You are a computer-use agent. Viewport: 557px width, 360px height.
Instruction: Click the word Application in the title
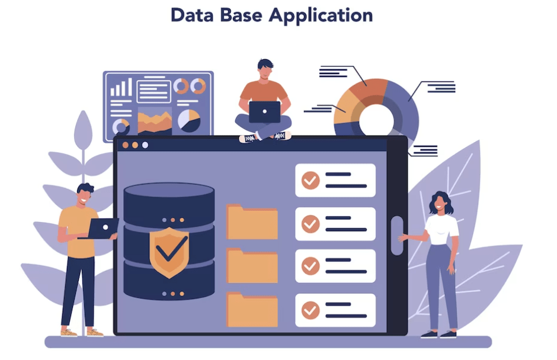click(321, 15)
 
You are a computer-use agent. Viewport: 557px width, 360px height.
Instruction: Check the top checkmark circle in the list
click(310, 180)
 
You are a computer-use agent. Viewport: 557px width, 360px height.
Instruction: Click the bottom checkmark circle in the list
click(310, 310)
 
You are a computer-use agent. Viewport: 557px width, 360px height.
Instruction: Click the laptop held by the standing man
click(103, 228)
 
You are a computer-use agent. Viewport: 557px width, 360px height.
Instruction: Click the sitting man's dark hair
click(265, 64)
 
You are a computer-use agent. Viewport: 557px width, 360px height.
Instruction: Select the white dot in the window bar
click(145, 145)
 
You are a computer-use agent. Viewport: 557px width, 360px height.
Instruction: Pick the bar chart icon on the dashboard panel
click(121, 88)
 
